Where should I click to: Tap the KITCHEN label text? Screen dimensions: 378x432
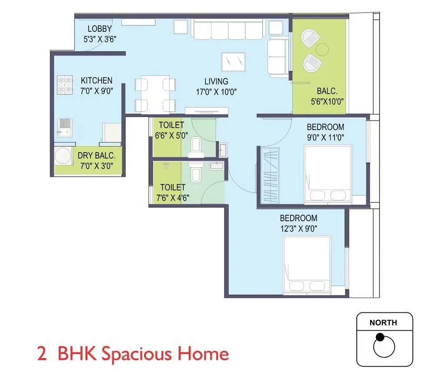[x=97, y=80]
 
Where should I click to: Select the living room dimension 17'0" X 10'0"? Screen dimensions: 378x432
[x=216, y=92]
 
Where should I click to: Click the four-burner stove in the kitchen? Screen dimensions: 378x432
[x=65, y=85]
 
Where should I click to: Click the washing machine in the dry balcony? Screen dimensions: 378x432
[x=64, y=157]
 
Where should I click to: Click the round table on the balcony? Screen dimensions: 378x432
[x=323, y=48]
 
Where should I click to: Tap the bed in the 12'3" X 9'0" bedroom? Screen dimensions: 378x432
[x=307, y=265]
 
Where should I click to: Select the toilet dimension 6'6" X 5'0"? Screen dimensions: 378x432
[x=171, y=135]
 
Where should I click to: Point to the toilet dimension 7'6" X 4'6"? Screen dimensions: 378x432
[x=173, y=198]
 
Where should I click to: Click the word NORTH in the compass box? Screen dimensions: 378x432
[x=383, y=323]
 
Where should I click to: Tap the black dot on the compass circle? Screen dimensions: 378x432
[x=380, y=337]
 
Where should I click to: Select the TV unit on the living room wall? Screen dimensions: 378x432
[x=207, y=110]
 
